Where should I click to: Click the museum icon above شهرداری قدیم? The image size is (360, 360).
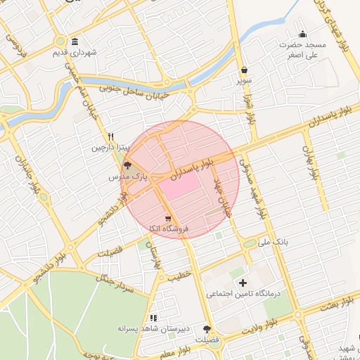click(75, 41)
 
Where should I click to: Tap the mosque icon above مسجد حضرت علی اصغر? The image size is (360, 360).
click(303, 34)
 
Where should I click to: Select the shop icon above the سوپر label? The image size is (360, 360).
click(244, 70)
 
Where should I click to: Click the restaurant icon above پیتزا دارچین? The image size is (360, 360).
click(110, 136)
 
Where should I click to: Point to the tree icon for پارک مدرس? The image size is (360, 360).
click(127, 166)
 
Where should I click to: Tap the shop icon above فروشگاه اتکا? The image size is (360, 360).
click(167, 218)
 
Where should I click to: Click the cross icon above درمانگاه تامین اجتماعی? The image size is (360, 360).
click(243, 283)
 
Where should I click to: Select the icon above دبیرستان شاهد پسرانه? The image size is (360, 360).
click(153, 318)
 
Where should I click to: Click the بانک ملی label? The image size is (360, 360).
click(274, 243)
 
